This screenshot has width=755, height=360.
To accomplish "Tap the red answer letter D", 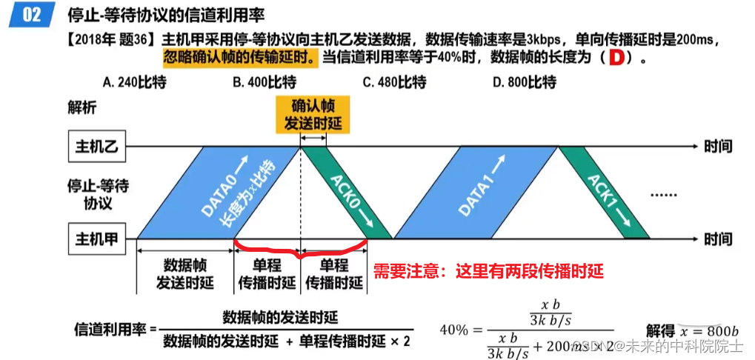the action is click(x=613, y=58).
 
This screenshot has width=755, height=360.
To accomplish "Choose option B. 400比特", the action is click(x=265, y=82).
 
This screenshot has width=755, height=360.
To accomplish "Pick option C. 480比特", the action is click(x=394, y=82).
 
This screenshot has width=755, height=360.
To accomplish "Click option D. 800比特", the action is click(x=525, y=82).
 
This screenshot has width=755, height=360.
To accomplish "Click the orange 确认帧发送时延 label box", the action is click(x=311, y=114).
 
